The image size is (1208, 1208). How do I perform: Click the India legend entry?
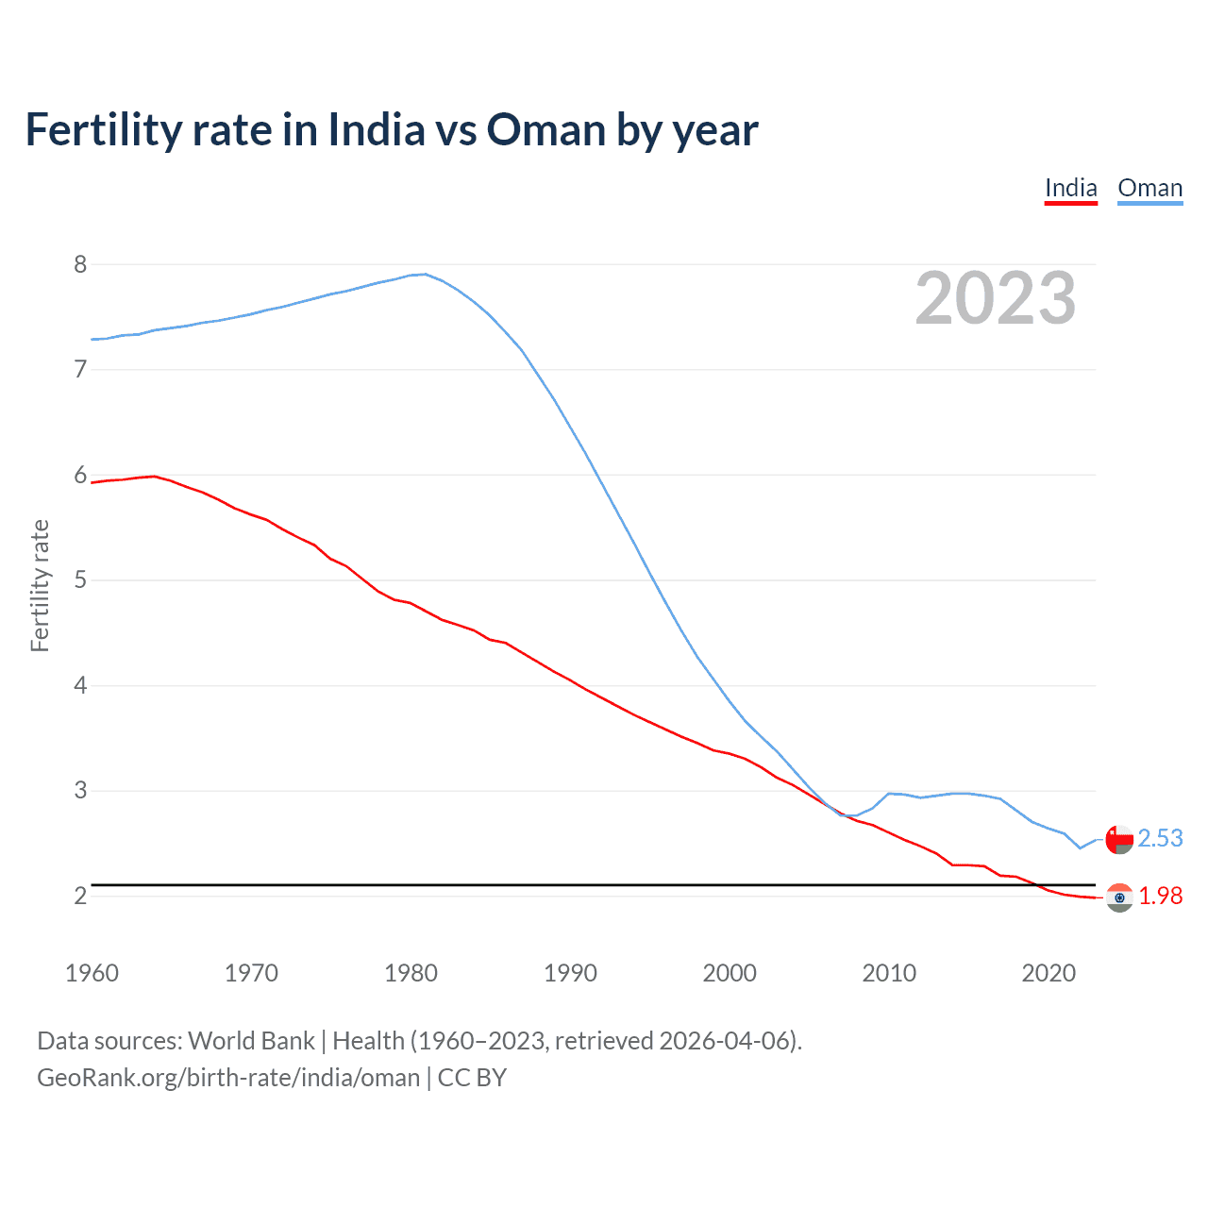(x=1070, y=189)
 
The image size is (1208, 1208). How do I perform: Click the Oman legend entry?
(x=1149, y=189)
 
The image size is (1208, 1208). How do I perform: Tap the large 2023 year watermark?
(x=995, y=298)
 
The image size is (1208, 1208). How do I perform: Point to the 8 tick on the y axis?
(x=80, y=264)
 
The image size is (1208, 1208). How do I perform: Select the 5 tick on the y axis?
(x=80, y=579)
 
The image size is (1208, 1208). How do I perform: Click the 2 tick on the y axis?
(x=80, y=896)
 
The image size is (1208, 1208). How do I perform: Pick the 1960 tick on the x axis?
(x=92, y=973)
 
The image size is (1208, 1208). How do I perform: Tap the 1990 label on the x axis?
(x=570, y=973)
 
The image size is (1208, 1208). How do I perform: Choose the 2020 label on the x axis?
(x=1049, y=973)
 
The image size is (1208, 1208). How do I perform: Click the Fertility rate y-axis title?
(x=40, y=585)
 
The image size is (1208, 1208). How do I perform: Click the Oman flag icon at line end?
(x=1119, y=839)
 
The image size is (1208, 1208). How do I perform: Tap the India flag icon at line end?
(x=1119, y=898)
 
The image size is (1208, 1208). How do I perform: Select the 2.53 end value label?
(x=1160, y=838)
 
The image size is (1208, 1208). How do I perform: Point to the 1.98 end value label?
(x=1160, y=896)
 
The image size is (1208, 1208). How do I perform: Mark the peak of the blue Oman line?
(x=425, y=274)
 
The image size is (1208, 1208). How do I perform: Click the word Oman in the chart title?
(x=545, y=130)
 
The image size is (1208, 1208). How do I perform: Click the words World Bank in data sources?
(x=251, y=1041)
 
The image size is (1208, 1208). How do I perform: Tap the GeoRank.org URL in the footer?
(x=228, y=1078)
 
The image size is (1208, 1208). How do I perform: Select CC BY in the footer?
(x=472, y=1078)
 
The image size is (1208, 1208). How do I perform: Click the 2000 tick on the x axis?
(x=730, y=973)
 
